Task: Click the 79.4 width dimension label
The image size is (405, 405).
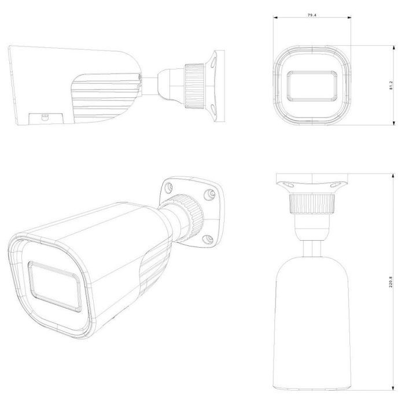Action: (x=312, y=15)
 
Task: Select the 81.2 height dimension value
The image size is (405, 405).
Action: (x=391, y=86)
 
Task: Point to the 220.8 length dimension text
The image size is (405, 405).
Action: (x=391, y=282)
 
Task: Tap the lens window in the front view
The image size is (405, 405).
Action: (x=312, y=86)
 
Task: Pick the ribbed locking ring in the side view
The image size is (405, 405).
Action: (x=195, y=87)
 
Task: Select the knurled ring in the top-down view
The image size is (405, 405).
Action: (x=312, y=204)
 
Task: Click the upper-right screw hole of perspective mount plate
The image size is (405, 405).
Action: (x=209, y=194)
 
